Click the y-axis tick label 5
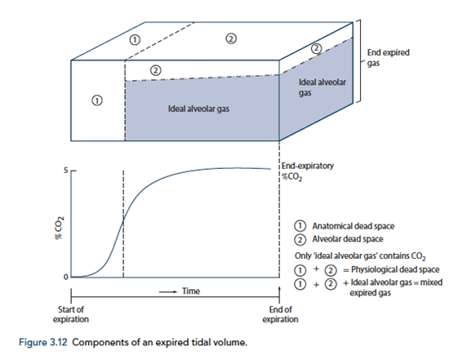65,171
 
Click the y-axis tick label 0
65,277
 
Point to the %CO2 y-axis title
60,228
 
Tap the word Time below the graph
191,291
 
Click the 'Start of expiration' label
71,314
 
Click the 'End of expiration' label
280,314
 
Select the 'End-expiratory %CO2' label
307,171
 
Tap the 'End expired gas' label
388,57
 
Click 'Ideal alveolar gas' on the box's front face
198,109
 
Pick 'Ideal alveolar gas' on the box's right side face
322,87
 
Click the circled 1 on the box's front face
97,100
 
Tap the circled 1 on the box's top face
135,39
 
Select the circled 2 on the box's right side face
317,48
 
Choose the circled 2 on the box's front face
156,70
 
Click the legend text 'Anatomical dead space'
353,226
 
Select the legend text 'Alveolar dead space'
348,239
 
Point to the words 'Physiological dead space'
395,269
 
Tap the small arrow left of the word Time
168,292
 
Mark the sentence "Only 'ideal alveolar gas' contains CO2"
360,256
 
